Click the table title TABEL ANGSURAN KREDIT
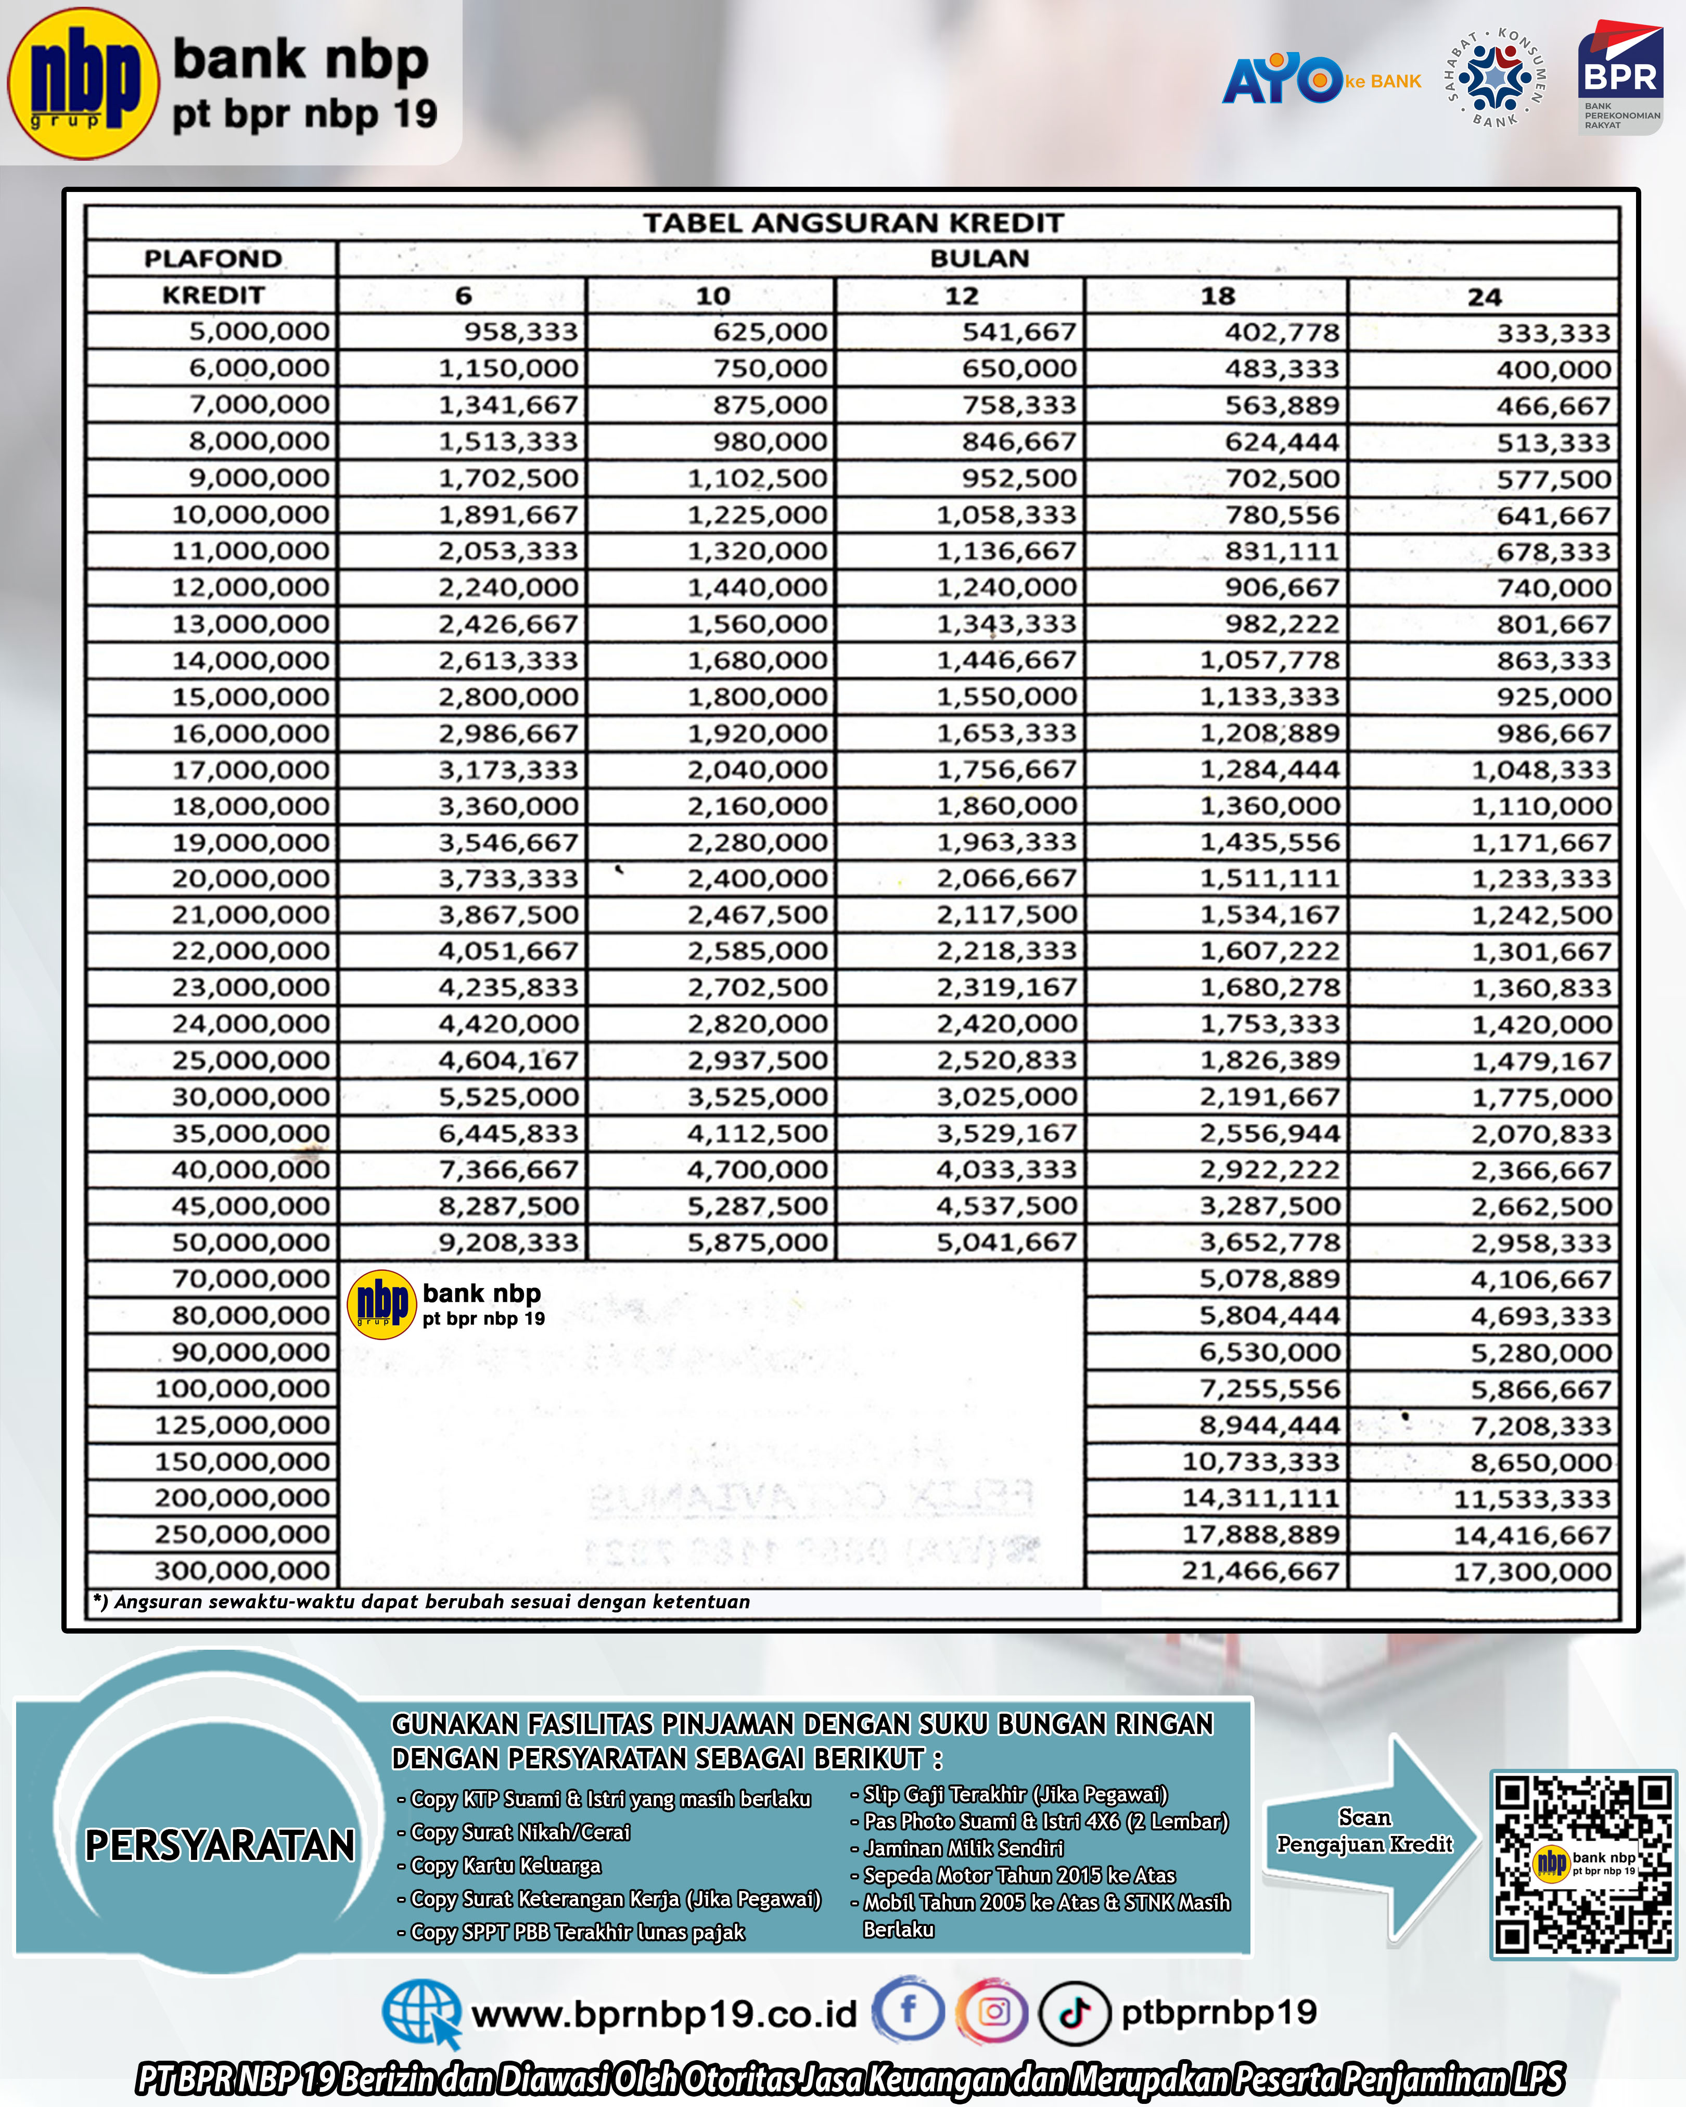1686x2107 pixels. (x=852, y=223)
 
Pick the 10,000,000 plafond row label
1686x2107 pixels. (x=251, y=515)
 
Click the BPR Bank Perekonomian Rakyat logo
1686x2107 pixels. (x=1619, y=78)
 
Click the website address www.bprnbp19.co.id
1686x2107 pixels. (x=663, y=2014)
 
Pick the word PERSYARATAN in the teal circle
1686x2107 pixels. (x=220, y=1845)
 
